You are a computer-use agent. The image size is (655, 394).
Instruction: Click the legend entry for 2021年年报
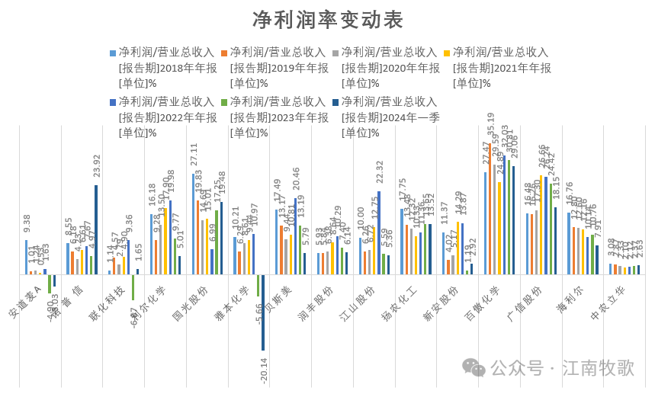coord(500,67)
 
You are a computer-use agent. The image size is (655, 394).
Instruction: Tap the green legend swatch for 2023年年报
coord(224,102)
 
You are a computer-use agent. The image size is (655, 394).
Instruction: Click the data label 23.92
coord(96,167)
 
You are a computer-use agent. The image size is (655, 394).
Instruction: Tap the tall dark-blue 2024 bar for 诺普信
coord(96,229)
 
